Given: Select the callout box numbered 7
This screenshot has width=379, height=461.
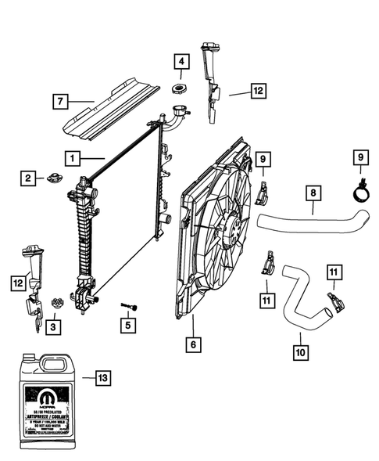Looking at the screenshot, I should [x=60, y=100].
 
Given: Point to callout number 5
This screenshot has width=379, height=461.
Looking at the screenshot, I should [x=124, y=323].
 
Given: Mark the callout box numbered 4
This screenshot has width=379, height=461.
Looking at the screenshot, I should [x=181, y=60].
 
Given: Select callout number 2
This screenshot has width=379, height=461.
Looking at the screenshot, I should [x=27, y=178].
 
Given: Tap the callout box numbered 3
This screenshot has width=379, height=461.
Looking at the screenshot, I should [x=52, y=325].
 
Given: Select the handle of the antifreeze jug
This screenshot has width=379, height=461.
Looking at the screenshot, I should [x=56, y=362].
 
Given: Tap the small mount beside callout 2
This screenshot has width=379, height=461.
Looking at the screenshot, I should [x=55, y=176].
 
